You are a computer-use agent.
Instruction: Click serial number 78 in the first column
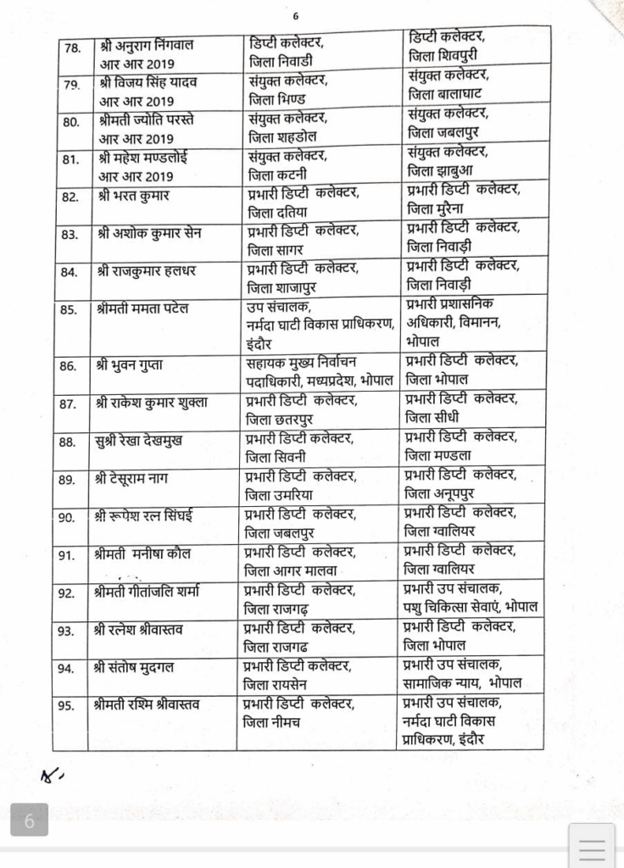(71, 47)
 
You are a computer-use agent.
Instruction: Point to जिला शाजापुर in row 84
(286, 288)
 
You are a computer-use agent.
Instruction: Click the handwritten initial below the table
(52, 773)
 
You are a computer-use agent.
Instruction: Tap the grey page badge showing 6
(29, 821)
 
